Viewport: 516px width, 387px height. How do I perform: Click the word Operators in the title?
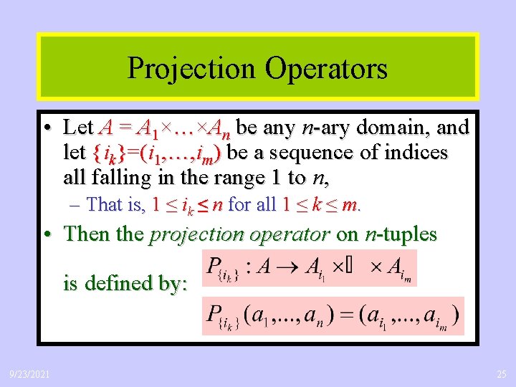(325, 69)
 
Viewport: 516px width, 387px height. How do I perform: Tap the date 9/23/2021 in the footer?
(29, 375)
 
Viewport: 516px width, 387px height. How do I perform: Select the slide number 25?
(500, 375)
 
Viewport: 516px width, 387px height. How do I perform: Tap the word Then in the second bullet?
(84, 234)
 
